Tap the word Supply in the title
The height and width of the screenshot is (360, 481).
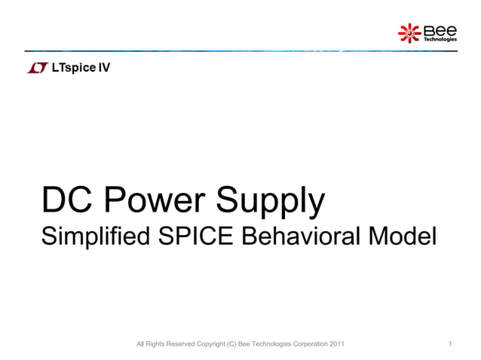point(271,202)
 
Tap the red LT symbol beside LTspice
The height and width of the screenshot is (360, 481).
point(37,69)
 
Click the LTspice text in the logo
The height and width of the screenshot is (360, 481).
point(73,68)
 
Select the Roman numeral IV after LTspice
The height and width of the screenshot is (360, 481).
point(104,68)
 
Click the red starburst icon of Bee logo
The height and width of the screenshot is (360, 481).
point(409,32)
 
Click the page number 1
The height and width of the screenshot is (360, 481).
point(449,345)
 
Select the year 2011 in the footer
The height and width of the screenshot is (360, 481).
point(337,345)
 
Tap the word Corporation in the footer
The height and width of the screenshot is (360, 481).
point(307,345)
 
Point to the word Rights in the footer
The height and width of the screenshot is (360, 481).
point(153,345)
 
